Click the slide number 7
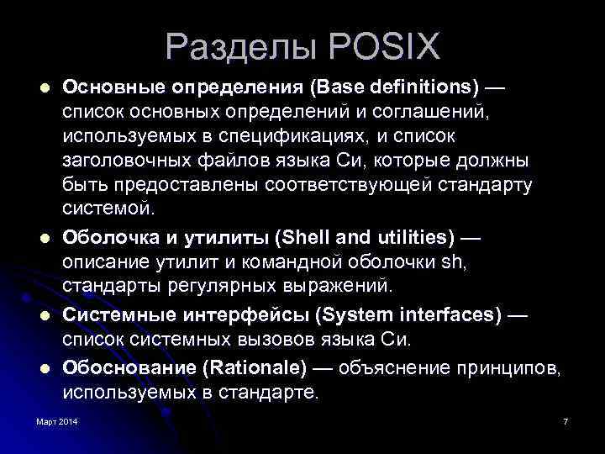coord(566,420)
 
